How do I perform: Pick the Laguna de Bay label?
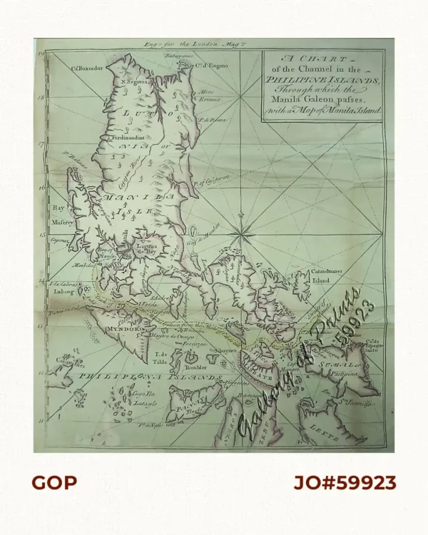(146, 250)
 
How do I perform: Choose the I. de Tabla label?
(164, 355)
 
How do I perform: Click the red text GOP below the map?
(53, 483)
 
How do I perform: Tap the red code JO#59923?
(345, 483)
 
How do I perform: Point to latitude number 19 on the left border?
(42, 53)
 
